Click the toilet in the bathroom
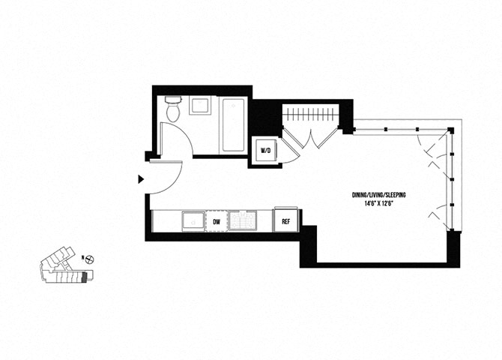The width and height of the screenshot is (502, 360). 173,110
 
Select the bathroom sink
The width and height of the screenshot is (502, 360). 200,106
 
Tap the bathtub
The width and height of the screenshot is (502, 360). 232,124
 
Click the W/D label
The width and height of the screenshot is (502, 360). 265,151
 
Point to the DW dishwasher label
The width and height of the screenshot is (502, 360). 217,222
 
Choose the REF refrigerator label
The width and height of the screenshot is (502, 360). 285,222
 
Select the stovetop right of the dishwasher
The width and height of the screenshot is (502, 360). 242,221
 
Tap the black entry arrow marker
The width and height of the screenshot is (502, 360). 140,179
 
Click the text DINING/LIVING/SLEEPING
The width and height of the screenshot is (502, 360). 384,195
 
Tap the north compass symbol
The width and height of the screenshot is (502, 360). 89,259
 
